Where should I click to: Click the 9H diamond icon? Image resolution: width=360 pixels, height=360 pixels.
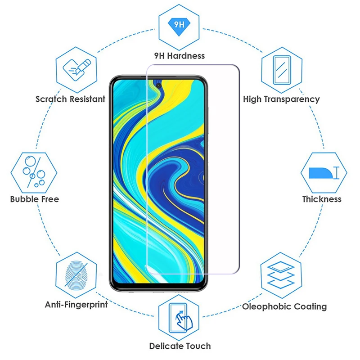point(179,27)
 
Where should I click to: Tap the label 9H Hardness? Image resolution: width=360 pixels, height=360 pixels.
point(179,56)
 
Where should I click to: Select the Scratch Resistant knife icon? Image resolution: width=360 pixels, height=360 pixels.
point(76,70)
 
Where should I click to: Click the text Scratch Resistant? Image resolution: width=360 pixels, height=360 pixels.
point(70,99)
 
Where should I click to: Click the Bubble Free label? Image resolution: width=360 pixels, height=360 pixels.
point(35,199)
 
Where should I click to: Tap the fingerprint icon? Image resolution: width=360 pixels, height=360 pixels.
point(76,275)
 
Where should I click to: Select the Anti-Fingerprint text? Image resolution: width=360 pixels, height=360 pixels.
point(76,305)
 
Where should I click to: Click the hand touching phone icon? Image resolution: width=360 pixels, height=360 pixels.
point(180,318)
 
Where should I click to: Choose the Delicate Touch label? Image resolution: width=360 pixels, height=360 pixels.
point(180,346)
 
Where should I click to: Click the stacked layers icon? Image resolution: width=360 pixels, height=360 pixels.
point(281,275)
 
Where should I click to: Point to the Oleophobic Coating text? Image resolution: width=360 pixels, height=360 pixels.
point(284,306)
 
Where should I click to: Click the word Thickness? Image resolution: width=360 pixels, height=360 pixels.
point(322,199)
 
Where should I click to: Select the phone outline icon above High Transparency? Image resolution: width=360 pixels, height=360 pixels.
point(282,70)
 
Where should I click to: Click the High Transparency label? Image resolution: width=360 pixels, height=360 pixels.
point(282,99)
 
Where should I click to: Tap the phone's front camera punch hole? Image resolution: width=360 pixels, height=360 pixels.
point(159,86)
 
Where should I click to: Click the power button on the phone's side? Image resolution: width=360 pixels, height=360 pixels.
point(208,121)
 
